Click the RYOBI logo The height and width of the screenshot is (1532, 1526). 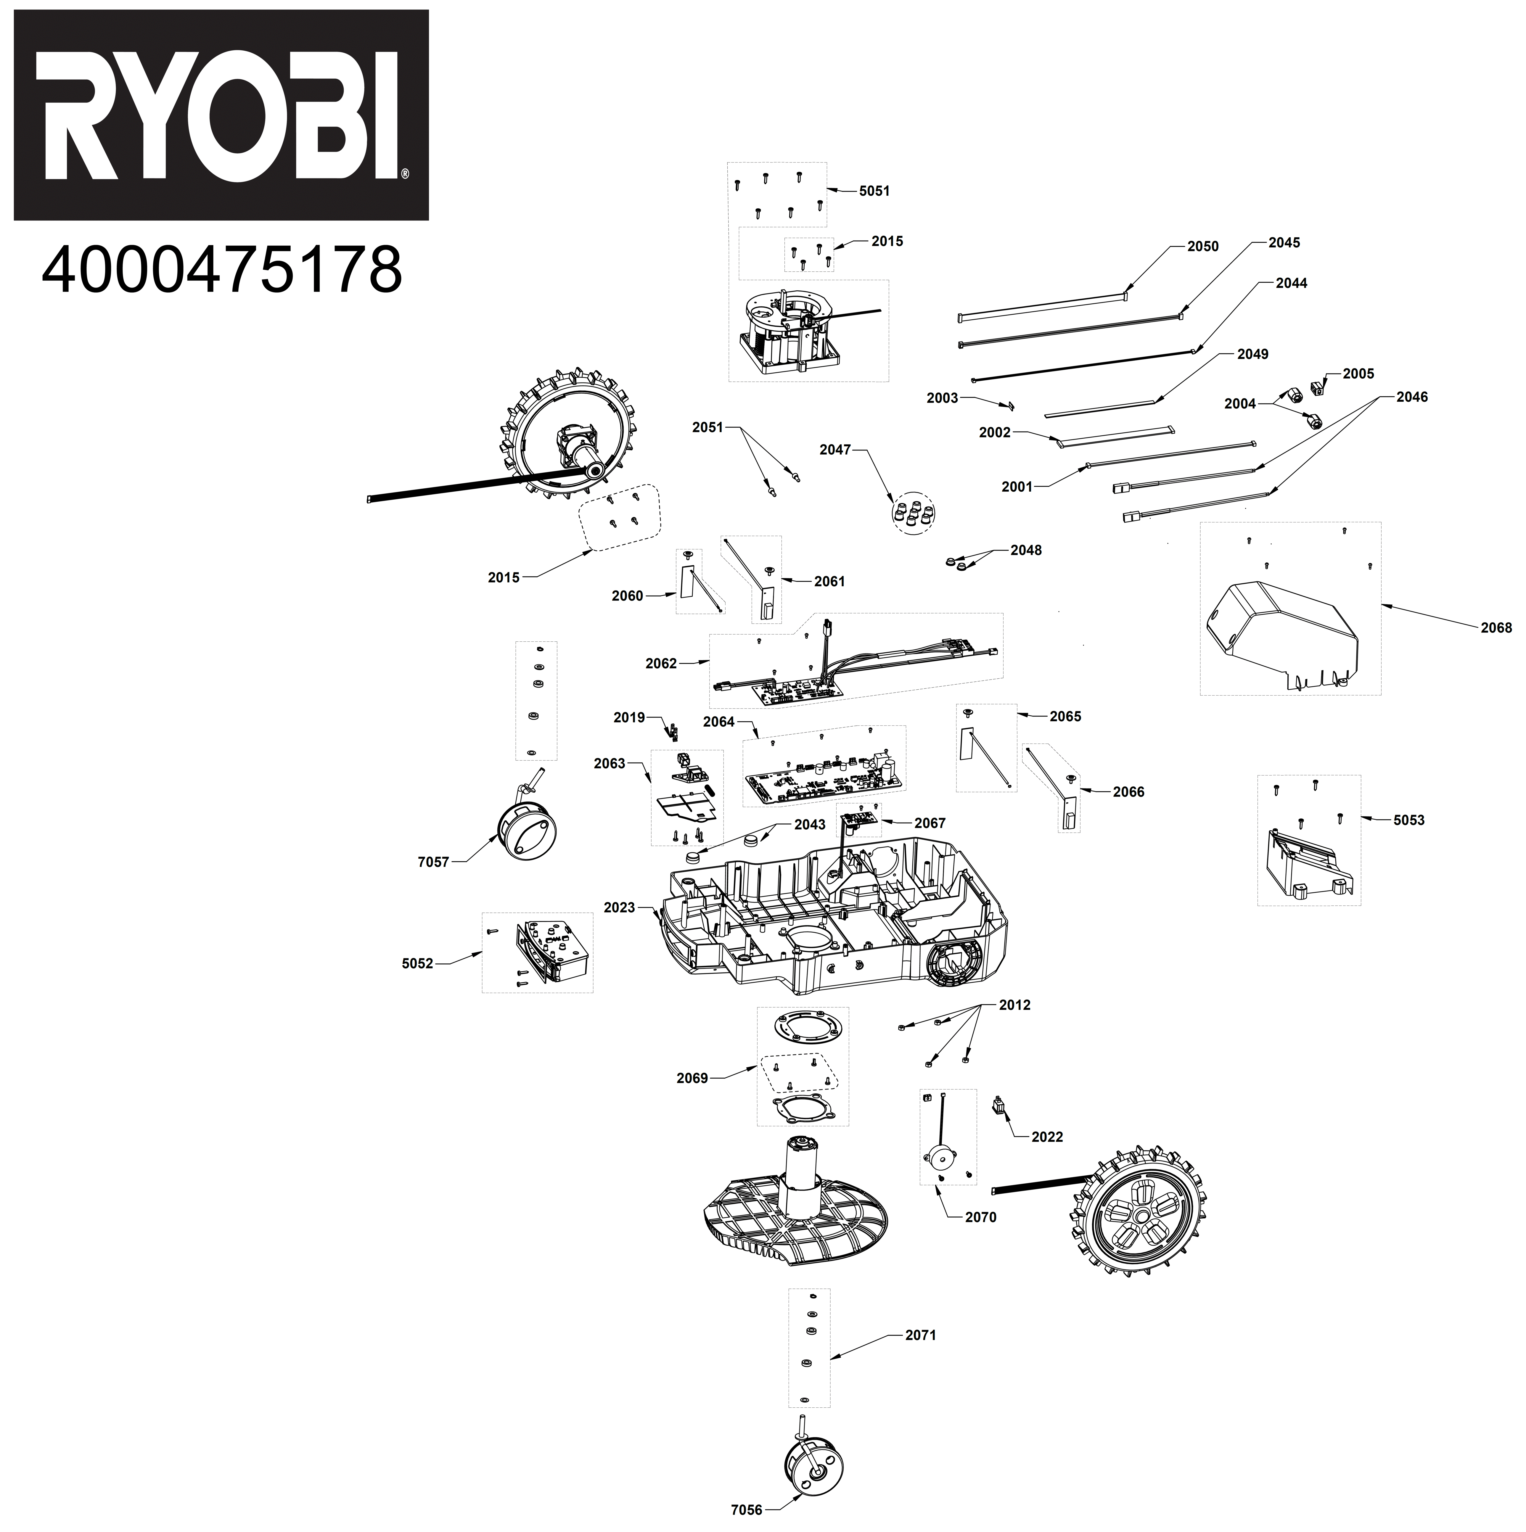(x=221, y=115)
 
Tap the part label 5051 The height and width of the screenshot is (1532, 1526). (x=875, y=191)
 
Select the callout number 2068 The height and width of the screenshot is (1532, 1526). (x=1496, y=628)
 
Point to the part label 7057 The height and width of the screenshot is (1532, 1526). (x=433, y=862)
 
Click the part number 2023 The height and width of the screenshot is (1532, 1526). (x=620, y=908)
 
